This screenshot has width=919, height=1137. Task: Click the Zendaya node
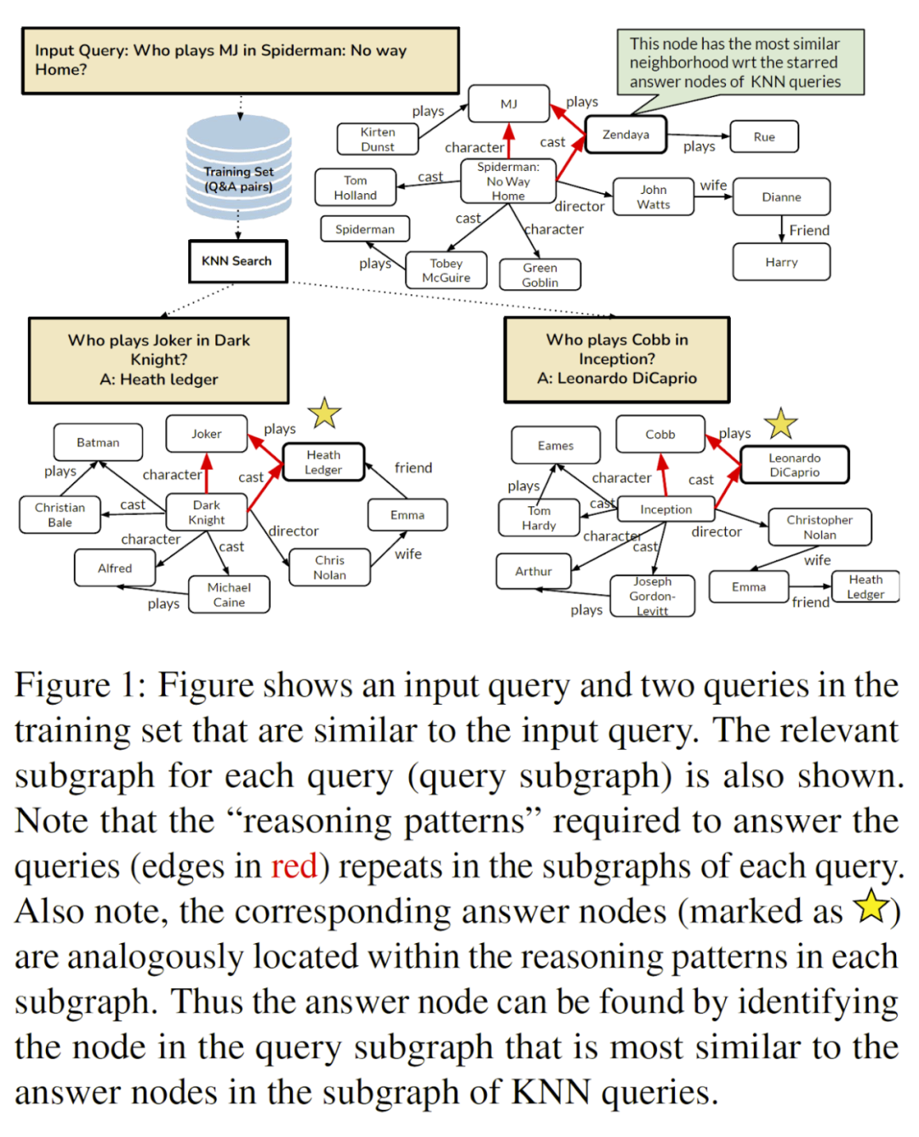click(x=625, y=134)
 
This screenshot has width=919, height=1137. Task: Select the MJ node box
click(x=509, y=104)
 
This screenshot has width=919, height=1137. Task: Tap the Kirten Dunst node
click(x=378, y=139)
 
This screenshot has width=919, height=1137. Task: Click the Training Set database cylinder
click(x=238, y=168)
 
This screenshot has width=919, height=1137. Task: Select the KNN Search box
click(x=237, y=261)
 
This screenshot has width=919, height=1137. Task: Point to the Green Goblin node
click(x=540, y=275)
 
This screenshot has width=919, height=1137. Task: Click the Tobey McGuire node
click(x=447, y=271)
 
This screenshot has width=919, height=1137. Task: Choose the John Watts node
click(x=654, y=197)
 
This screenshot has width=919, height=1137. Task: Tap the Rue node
click(x=764, y=137)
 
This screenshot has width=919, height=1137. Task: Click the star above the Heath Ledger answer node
click(x=324, y=414)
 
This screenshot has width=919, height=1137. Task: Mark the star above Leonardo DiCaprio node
click(x=780, y=424)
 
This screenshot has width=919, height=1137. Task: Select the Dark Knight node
click(x=207, y=512)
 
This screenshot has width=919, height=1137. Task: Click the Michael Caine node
click(x=229, y=595)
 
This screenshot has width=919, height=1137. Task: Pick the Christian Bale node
click(x=60, y=515)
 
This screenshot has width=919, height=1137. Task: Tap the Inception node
click(x=666, y=510)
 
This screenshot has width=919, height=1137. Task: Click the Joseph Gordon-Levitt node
click(x=653, y=596)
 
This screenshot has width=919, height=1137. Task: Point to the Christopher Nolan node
click(x=819, y=528)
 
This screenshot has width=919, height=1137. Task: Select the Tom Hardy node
click(x=539, y=518)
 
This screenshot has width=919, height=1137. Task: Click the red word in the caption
click(x=294, y=866)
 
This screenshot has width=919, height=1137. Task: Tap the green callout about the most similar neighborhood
click(x=740, y=62)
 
